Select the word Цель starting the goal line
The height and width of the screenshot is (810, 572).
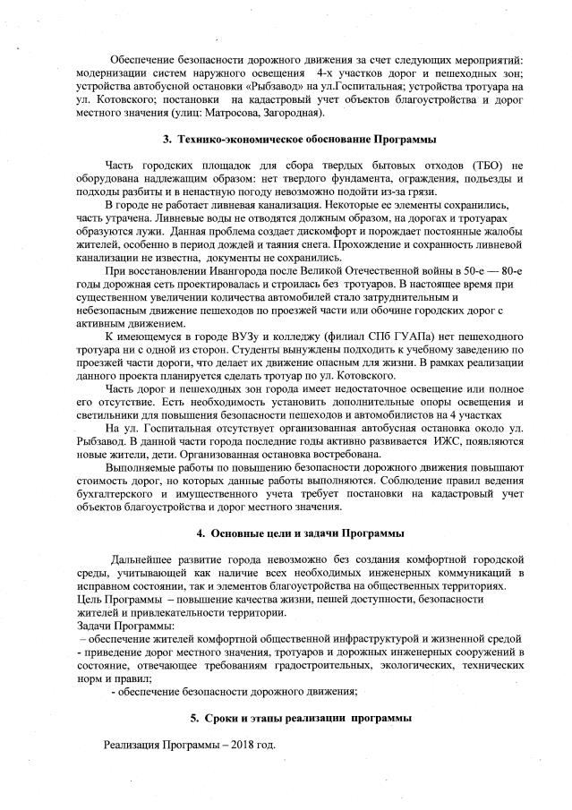click(90, 599)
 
